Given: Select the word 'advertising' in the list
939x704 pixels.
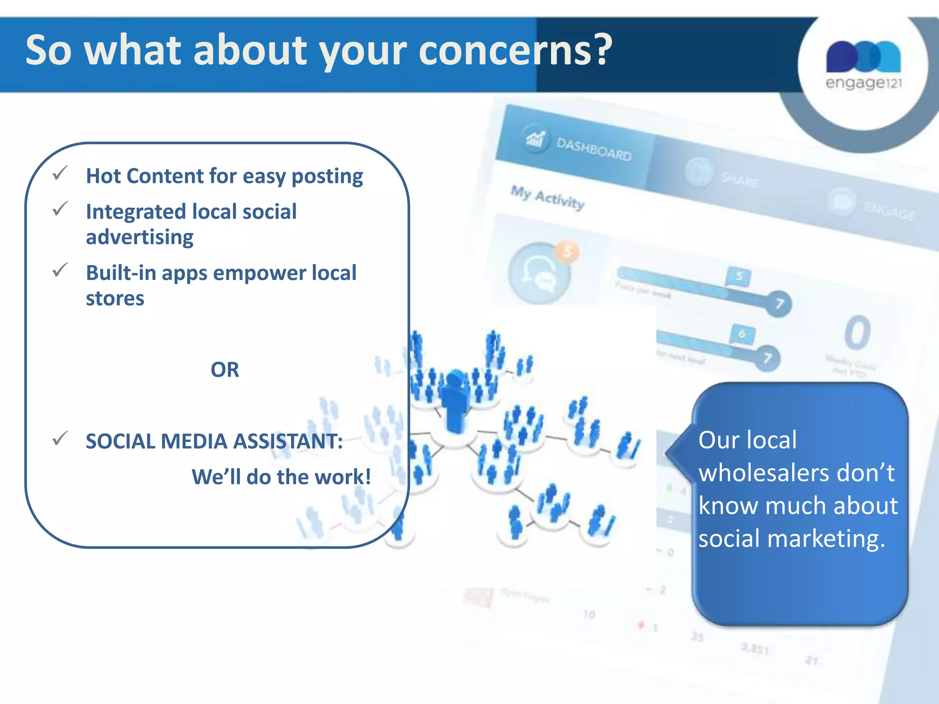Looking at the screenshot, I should pos(139,237).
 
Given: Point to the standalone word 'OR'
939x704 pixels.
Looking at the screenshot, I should pos(225,369).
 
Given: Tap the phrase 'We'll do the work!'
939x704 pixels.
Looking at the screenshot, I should pos(281,477).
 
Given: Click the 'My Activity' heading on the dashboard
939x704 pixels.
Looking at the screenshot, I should pos(547,198).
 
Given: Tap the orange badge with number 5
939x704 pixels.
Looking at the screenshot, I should pos(567,251).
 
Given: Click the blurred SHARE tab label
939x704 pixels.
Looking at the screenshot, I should pos(740,180).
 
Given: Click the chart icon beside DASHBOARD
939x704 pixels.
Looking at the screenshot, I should pos(535,138).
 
